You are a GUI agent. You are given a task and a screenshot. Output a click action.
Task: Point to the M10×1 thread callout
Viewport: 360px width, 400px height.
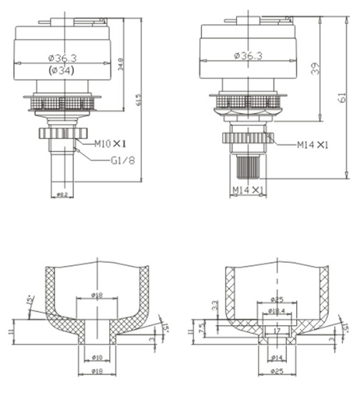(111, 143)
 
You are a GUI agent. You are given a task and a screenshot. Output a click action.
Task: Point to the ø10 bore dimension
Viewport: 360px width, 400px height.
(97, 357)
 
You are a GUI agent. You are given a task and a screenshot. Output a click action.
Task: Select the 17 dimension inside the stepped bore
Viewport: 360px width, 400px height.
(276, 331)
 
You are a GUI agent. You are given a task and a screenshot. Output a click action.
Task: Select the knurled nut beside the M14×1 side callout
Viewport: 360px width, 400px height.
(247, 140)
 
